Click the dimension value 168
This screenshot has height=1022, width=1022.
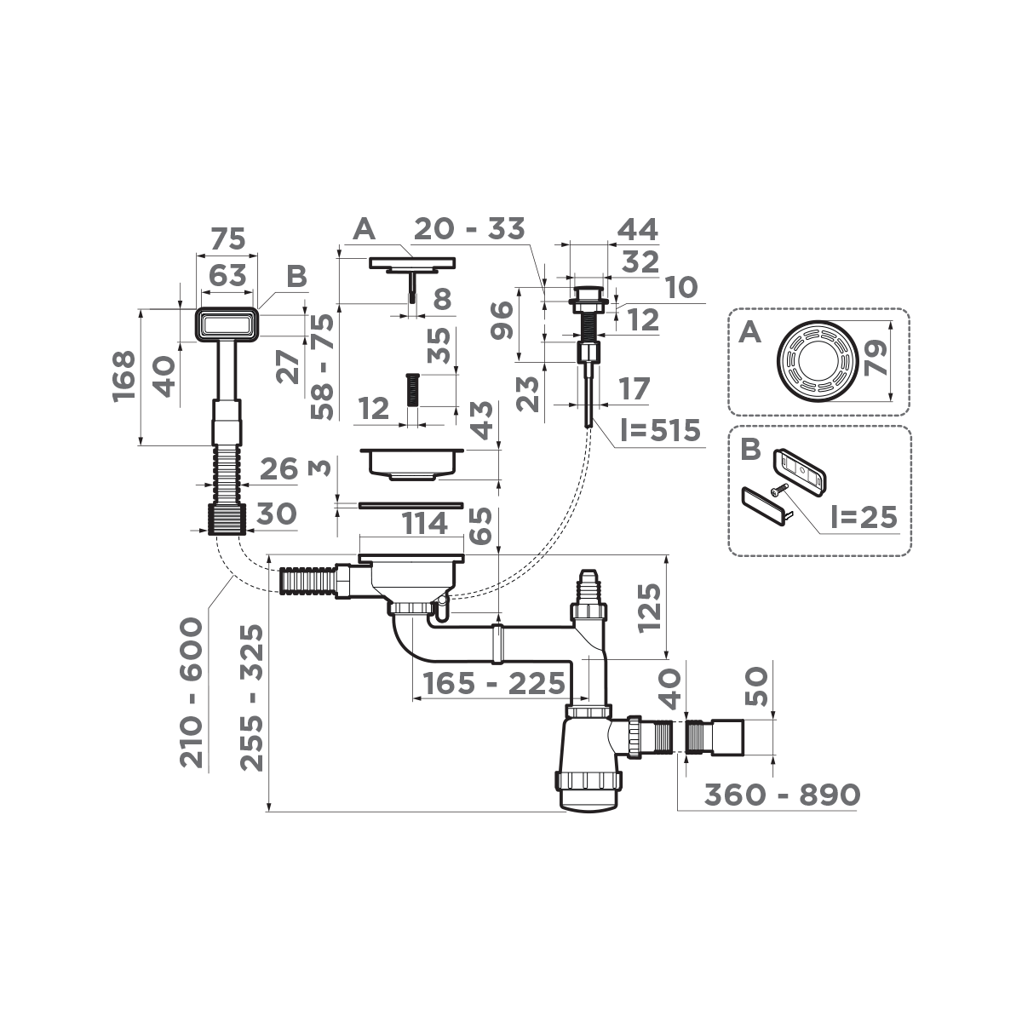tap(124, 373)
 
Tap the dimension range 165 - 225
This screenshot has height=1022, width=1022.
tap(490, 682)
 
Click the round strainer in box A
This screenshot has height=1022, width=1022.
tap(816, 359)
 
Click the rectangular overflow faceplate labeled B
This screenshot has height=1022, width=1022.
tap(227, 324)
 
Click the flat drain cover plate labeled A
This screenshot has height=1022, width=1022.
tap(412, 263)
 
